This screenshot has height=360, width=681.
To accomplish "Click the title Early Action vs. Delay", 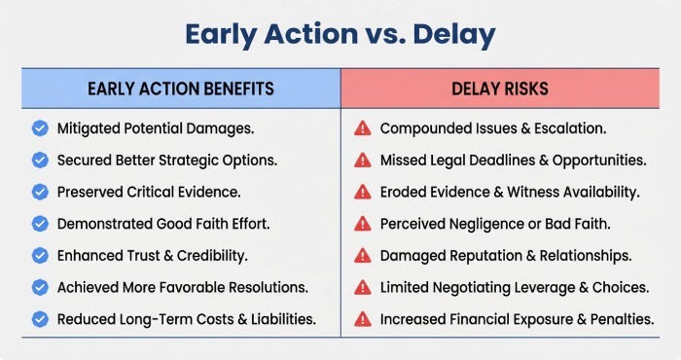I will click(340, 35).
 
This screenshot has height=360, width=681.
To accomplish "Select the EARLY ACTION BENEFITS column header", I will click(181, 89).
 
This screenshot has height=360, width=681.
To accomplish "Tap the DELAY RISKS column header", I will click(500, 89).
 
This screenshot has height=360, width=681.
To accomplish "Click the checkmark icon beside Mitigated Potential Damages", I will click(40, 127).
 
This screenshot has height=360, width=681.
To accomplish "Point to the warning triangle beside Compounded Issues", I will click(362, 127).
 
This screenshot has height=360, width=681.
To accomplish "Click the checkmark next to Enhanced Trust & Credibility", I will click(40, 255).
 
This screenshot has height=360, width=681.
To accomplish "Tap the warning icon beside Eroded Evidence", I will click(362, 192).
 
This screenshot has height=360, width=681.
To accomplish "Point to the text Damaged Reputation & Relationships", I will click(505, 255).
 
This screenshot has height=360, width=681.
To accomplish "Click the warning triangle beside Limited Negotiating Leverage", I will click(362, 287).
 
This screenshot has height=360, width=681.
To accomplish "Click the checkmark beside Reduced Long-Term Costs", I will click(40, 318).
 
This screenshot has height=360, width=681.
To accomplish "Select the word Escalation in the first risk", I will click(571, 127).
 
